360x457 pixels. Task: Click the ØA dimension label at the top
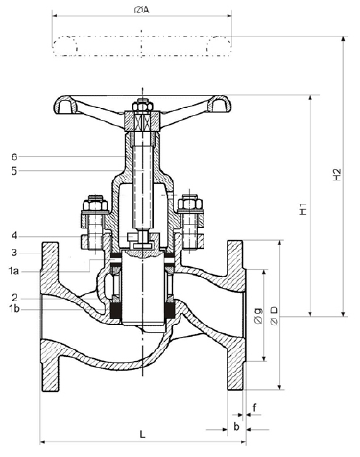pyautogui.click(x=141, y=11)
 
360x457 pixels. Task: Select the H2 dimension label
pyautogui.click(x=337, y=175)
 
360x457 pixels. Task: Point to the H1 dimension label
pyautogui.click(x=302, y=208)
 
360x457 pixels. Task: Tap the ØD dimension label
pyautogui.click(x=275, y=317)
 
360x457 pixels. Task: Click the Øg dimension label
pyautogui.click(x=258, y=316)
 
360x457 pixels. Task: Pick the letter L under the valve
pyautogui.click(x=142, y=434)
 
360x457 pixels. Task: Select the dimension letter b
pyautogui.click(x=236, y=426)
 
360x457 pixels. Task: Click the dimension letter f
pyautogui.click(x=254, y=408)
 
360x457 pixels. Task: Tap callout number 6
pyautogui.click(x=14, y=156)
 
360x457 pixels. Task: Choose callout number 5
pyautogui.click(x=14, y=171)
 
